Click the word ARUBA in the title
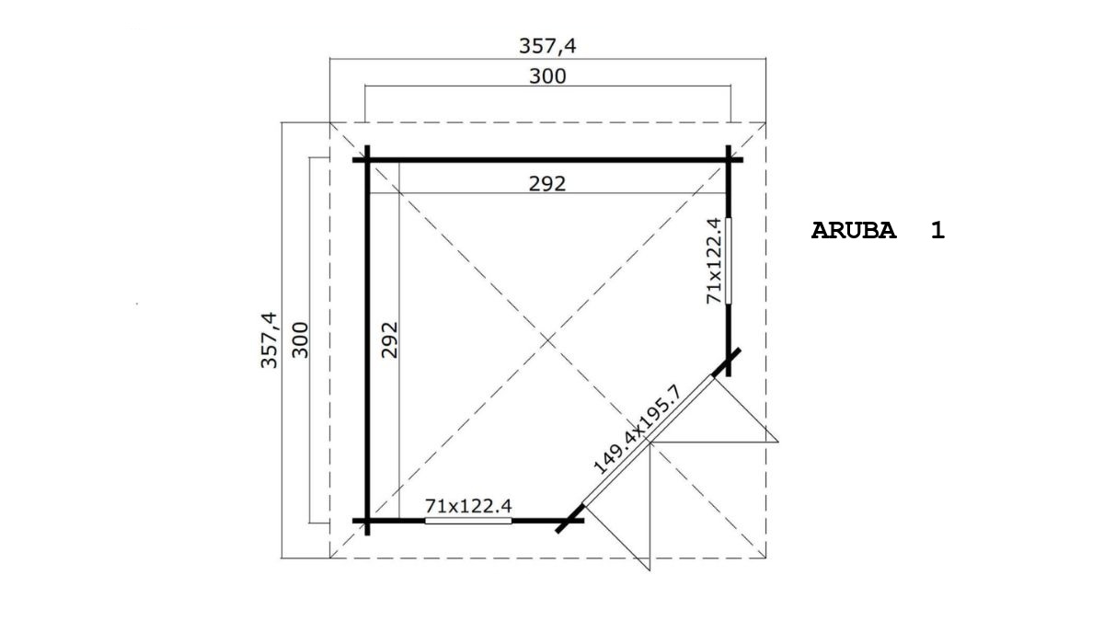[x=854, y=231]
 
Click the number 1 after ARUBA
[x=937, y=231]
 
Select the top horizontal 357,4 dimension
[x=547, y=46]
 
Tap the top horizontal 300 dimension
[x=547, y=76]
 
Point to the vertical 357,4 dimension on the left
[x=269, y=340]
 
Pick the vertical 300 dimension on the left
[x=300, y=340]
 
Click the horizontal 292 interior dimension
[x=547, y=184]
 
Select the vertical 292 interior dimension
[x=389, y=340]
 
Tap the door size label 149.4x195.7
[x=638, y=430]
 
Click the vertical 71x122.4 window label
[x=714, y=261]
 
